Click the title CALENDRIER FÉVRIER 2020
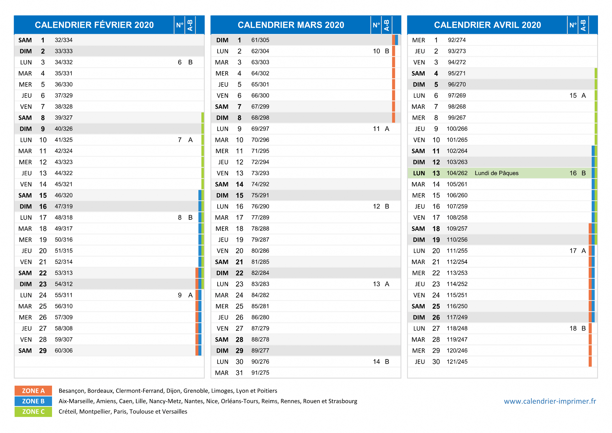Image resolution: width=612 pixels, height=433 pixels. [x=94, y=25]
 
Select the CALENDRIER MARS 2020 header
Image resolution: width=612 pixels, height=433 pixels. [x=291, y=25]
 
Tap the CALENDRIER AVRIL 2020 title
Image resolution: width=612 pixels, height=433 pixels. [x=487, y=25]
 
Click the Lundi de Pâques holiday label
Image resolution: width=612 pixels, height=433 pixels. [x=496, y=173]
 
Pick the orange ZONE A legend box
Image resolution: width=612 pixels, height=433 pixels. [x=33, y=391]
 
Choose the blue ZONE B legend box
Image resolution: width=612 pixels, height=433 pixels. [x=33, y=401]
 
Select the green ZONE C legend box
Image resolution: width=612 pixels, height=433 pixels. [x=33, y=411]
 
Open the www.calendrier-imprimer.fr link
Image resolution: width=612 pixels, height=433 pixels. [x=550, y=401]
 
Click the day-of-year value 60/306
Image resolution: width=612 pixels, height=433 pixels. [x=64, y=350]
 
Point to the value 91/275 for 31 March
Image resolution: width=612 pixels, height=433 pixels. [x=260, y=373]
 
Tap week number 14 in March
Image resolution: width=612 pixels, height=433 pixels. [x=376, y=362]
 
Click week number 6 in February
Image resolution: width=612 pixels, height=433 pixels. [x=180, y=62]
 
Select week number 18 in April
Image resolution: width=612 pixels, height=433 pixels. [x=573, y=328]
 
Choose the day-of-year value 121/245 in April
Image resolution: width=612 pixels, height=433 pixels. [x=457, y=362]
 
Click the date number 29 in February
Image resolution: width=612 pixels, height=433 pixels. [x=43, y=350]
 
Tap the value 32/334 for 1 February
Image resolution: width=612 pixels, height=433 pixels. [x=64, y=40]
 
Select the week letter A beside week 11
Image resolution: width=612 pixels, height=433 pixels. [x=387, y=129]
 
